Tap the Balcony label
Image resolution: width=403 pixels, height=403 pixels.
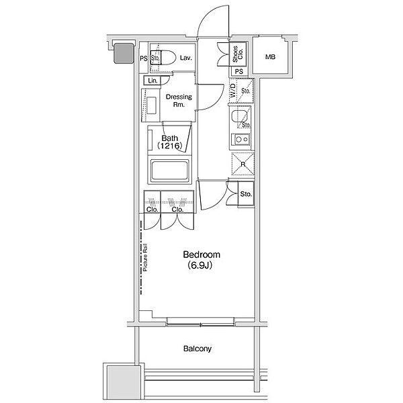pyautogui.click(x=197, y=349)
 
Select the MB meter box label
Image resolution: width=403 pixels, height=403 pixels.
pyautogui.click(x=270, y=57)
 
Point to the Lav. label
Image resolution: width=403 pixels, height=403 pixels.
pyautogui.click(x=185, y=58)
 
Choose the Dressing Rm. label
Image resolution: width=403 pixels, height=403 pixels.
pyautogui.click(x=179, y=101)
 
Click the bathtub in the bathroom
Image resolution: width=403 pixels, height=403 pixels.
pyautogui.click(x=170, y=170)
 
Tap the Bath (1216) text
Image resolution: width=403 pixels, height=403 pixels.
pyautogui.click(x=170, y=142)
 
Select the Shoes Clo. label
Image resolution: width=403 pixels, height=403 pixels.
pyautogui.click(x=238, y=54)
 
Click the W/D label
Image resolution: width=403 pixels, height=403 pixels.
pyautogui.click(x=233, y=91)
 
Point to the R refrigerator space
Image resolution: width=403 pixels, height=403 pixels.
pyautogui.click(x=243, y=164)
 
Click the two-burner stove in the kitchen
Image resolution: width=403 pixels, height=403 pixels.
pyautogui.click(x=241, y=140)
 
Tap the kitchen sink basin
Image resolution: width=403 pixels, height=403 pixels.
pyautogui.click(x=239, y=116)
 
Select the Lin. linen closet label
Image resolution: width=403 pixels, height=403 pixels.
pyautogui.click(x=152, y=81)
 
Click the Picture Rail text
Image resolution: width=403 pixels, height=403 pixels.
pyautogui.click(x=146, y=257)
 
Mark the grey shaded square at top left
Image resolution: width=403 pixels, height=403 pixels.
pyautogui.click(x=124, y=54)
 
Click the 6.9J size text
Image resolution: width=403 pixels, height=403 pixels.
pyautogui.click(x=200, y=265)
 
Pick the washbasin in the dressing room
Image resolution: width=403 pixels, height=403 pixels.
pyautogui.click(x=151, y=105)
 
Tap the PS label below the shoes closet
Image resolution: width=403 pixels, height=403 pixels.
pyautogui.click(x=238, y=71)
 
